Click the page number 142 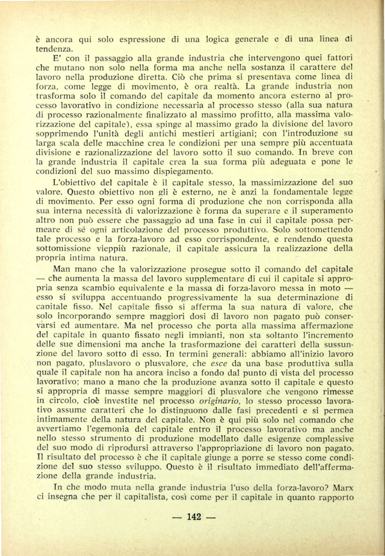[x=194, y=517]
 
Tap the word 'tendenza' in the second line [x=54, y=49]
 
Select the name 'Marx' [x=343, y=488]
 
